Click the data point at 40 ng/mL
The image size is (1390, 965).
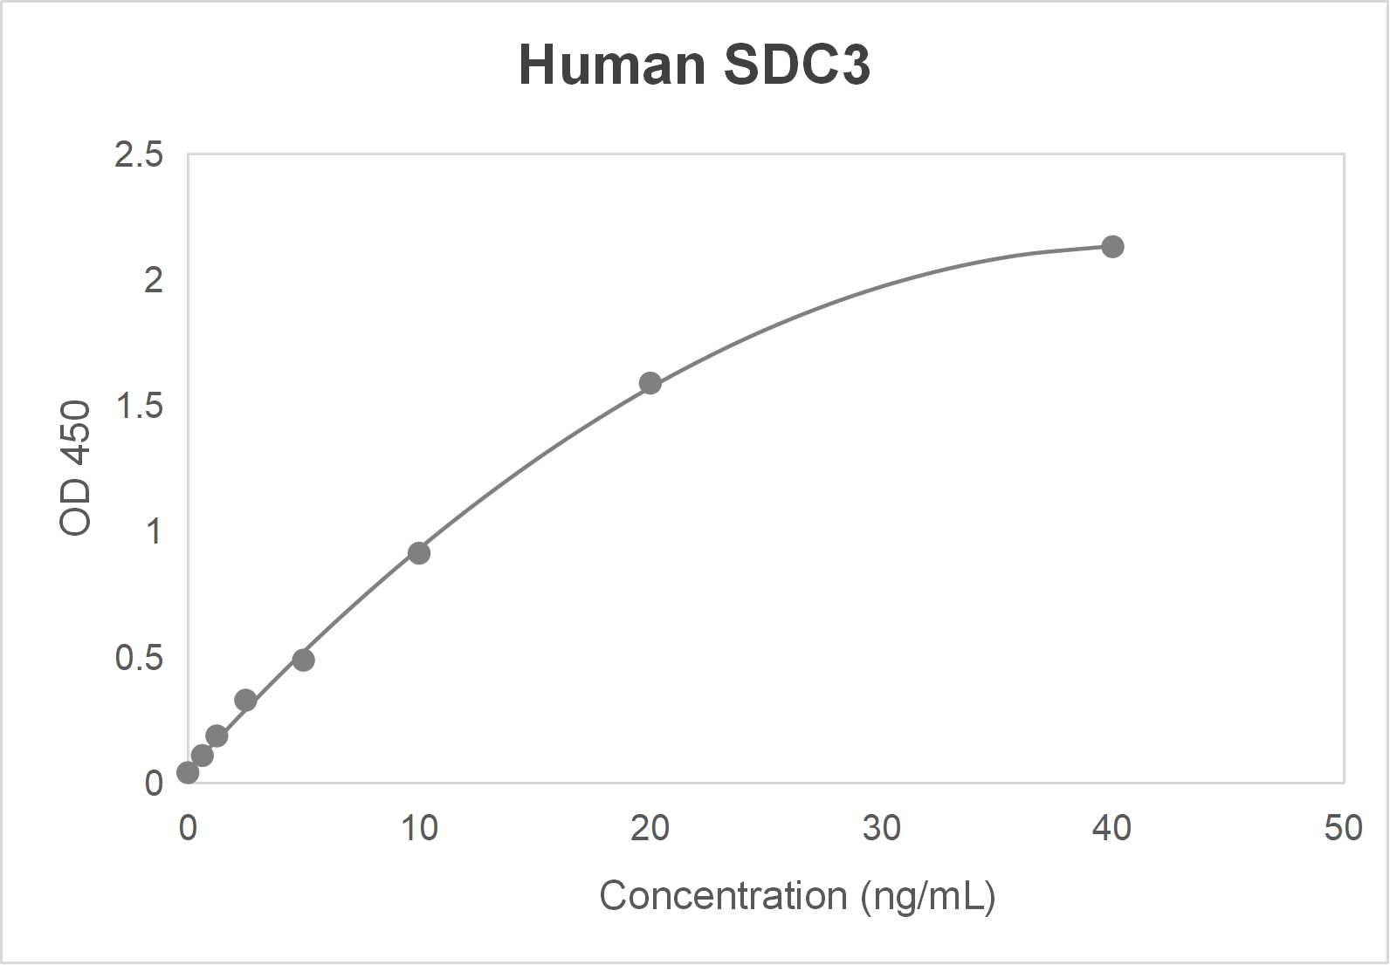point(1112,247)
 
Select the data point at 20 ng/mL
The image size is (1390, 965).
point(650,383)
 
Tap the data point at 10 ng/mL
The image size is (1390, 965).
point(419,553)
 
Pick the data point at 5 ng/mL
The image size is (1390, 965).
point(303,660)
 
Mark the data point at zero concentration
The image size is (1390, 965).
point(188,772)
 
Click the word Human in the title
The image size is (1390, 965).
point(612,65)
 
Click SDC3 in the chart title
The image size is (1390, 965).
point(796,65)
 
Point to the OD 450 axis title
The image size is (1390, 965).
point(76,468)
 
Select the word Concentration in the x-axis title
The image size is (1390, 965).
point(723,896)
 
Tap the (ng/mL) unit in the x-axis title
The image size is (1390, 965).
point(928,896)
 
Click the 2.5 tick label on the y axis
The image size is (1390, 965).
point(139,155)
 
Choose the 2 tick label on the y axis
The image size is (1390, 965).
point(154,281)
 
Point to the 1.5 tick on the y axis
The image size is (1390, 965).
point(139,407)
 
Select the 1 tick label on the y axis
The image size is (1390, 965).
point(155,531)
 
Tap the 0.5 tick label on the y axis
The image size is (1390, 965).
point(139,658)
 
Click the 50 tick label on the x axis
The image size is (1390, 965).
point(1343,828)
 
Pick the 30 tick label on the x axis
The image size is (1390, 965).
point(881,828)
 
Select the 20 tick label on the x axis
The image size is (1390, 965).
point(650,828)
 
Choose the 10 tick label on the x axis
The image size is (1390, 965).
point(419,828)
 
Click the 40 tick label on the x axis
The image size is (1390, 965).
point(1111,828)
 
